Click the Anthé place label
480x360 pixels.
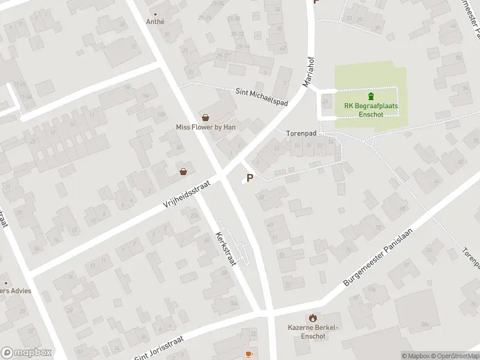[155, 22]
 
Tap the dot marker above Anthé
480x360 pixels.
[155, 14]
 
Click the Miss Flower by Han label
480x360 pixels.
[205, 127]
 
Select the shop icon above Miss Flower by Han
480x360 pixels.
[206, 118]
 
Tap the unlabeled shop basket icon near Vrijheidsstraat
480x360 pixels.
[183, 172]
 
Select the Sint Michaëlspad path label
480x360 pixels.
[262, 97]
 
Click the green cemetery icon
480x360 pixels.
[371, 96]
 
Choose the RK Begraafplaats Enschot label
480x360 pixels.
[371, 110]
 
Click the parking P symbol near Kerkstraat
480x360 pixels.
[250, 178]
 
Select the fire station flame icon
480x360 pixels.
[312, 317]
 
